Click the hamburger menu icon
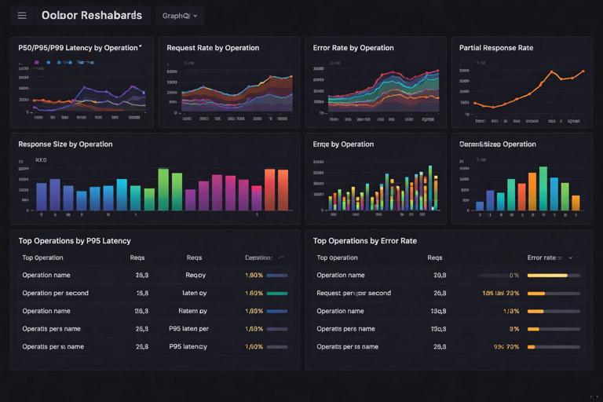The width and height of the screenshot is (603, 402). point(22,16)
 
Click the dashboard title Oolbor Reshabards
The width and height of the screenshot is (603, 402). point(92,16)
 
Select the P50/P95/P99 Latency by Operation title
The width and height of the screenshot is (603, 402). point(79,48)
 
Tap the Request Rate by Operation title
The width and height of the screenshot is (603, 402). point(213,48)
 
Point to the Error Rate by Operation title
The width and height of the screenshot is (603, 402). point(353,48)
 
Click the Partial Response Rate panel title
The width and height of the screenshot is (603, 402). point(496,48)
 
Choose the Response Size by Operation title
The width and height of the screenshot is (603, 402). point(65,144)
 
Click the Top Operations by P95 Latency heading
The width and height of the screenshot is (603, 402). point(75,241)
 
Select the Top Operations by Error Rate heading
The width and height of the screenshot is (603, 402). point(365,241)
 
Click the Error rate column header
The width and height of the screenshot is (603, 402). point(542,258)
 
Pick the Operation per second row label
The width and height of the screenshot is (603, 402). point(55,293)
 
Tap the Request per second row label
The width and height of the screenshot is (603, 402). point(353,293)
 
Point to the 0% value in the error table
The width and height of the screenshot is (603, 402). point(514,276)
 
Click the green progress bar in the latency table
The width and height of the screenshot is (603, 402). point(277,293)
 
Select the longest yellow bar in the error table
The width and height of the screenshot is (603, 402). point(547,276)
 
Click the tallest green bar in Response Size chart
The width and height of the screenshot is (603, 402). point(163,189)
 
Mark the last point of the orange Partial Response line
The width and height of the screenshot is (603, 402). point(583,71)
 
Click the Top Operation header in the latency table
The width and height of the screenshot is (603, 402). point(43,258)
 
